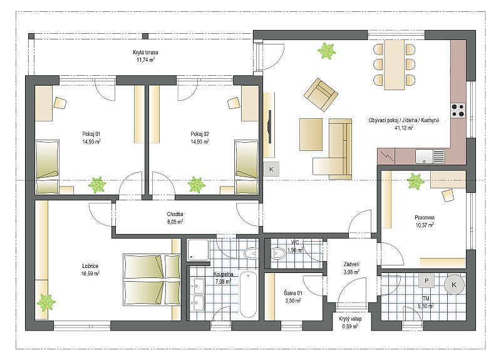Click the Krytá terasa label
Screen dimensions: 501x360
[x=145, y=53]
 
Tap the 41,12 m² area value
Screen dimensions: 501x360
[x=404, y=128]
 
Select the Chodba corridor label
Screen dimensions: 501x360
[x=175, y=214]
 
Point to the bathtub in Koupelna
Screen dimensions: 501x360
[x=248, y=294]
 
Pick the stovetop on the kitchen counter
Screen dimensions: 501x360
[x=458, y=110]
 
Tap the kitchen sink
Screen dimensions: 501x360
[x=430, y=157]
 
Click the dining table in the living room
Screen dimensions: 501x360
[x=395, y=64]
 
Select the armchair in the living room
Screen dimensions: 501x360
[x=321, y=95]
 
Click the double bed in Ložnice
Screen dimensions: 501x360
[x=152, y=280]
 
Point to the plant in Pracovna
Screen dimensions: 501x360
[x=415, y=181]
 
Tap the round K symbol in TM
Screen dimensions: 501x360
[x=454, y=285]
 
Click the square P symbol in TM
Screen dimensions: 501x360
[x=426, y=280]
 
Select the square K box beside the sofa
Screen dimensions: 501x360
[x=271, y=169]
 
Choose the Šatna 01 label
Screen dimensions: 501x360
[x=293, y=293]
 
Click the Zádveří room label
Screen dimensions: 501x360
[x=351, y=264]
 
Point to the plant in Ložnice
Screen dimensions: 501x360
[x=46, y=302]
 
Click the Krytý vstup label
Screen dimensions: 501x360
[x=350, y=319]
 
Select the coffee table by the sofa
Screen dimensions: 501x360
[x=311, y=134]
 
